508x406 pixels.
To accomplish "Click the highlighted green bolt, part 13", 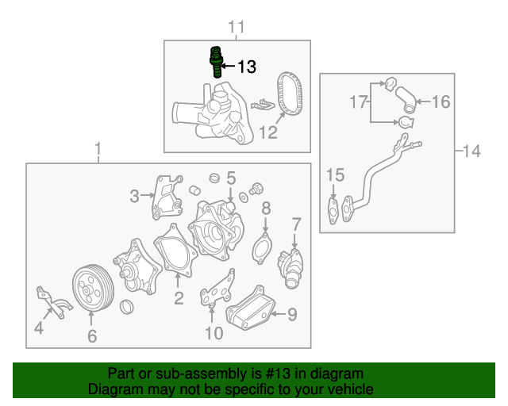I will click(214, 61).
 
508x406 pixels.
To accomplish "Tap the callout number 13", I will click(247, 67).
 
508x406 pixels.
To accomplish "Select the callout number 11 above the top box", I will click(237, 29).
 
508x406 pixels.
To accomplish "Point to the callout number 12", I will click(267, 132).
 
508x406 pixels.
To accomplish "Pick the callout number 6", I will click(91, 336).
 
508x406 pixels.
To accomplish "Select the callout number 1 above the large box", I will click(98, 149).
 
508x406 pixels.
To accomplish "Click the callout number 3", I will click(135, 195).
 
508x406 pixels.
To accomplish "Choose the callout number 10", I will click(214, 333).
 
